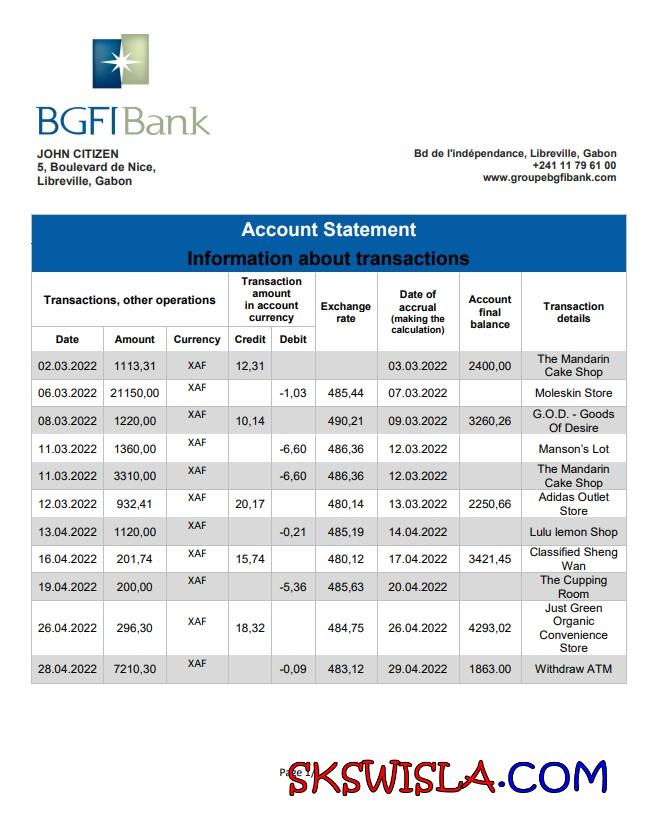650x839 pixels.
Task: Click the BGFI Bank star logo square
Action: click(x=120, y=62)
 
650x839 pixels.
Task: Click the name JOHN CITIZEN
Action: click(x=78, y=153)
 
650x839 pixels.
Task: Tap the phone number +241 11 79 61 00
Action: click(x=574, y=165)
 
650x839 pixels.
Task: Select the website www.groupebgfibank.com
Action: click(x=549, y=178)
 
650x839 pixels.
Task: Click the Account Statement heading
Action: click(x=328, y=230)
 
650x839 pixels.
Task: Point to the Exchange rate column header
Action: click(x=345, y=312)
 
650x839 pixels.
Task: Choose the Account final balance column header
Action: click(x=490, y=312)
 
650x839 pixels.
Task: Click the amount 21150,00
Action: click(x=135, y=393)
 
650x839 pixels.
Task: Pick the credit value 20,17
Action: click(x=250, y=504)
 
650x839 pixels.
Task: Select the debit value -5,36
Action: click(x=293, y=587)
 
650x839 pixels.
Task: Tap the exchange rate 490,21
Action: click(x=345, y=421)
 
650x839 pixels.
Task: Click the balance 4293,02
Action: click(x=490, y=628)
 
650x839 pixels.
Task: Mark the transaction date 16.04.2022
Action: click(x=67, y=559)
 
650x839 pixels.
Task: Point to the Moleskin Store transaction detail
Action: click(x=574, y=393)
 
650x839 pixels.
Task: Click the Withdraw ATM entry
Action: click(x=574, y=669)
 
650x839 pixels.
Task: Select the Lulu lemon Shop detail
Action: click(x=574, y=532)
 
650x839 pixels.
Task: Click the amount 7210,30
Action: click(x=135, y=669)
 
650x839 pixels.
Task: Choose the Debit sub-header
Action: click(x=293, y=339)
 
